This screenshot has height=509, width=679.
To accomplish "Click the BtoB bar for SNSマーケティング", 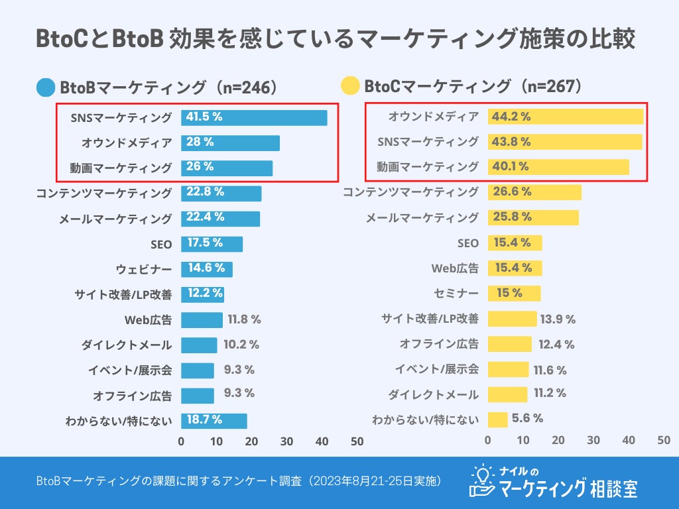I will click(x=254, y=117).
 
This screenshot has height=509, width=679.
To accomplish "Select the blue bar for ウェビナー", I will click(x=206, y=268).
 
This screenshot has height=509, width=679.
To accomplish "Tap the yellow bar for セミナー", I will click(x=514, y=293).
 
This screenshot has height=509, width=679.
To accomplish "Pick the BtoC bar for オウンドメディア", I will click(x=566, y=117).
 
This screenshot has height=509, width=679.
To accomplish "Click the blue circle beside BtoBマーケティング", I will click(x=46, y=87).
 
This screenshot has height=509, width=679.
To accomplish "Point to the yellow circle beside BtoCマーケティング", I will click(x=349, y=87).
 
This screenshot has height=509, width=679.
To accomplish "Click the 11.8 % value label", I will click(x=244, y=319).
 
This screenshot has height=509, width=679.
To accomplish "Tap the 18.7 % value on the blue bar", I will click(x=205, y=420).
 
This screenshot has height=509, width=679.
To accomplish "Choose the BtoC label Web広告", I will click(x=455, y=268).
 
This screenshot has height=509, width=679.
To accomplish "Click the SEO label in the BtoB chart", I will click(x=161, y=244).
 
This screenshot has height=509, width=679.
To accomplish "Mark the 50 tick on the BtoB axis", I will click(x=357, y=441).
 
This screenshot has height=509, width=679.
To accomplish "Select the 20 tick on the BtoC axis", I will click(x=558, y=439).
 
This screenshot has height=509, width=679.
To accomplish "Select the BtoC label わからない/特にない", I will click(x=425, y=420).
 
